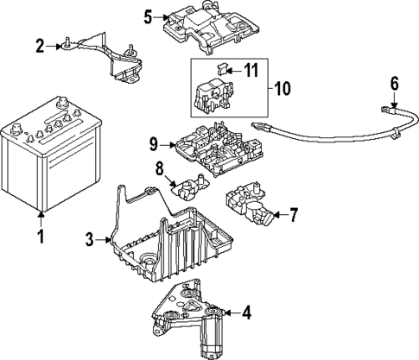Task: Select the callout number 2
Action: [x=40, y=45]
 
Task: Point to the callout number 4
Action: [x=245, y=312]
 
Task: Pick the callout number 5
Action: [x=148, y=16]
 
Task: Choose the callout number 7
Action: [x=294, y=212]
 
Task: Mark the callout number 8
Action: [x=158, y=167]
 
